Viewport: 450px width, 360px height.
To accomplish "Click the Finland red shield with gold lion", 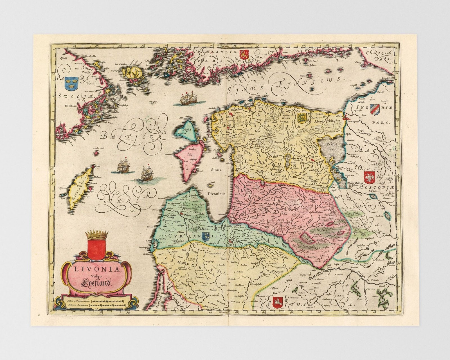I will pos(242,54).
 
